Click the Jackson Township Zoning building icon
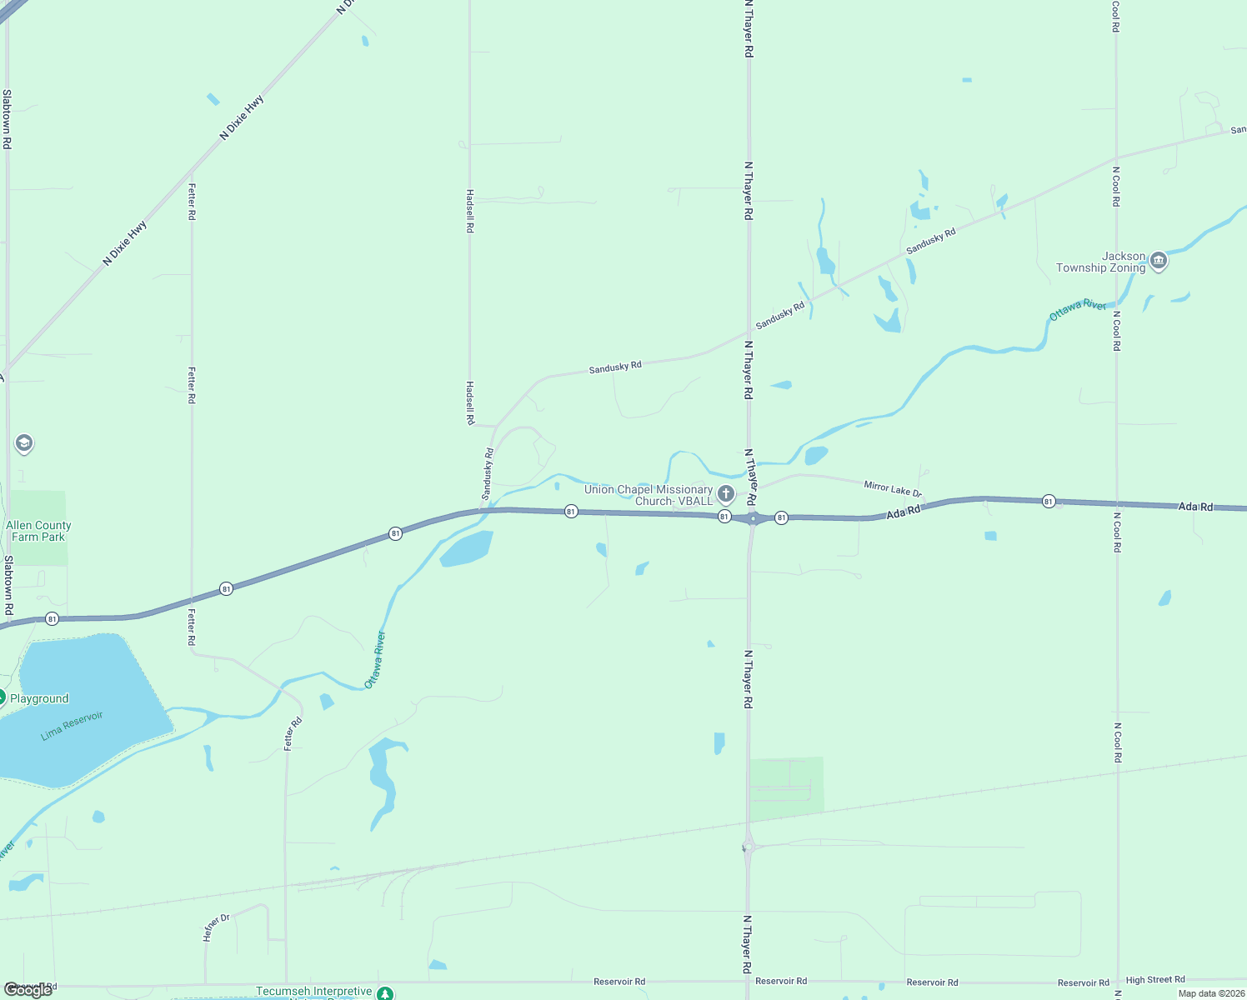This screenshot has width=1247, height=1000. pyautogui.click(x=1158, y=262)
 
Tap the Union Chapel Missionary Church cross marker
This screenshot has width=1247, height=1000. pyautogui.click(x=726, y=494)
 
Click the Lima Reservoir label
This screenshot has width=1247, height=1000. pyautogui.click(x=73, y=725)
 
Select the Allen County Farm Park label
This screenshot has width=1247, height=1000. pyautogui.click(x=38, y=531)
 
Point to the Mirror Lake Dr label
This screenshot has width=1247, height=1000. pyautogui.click(x=893, y=488)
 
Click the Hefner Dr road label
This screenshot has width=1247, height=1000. pyautogui.click(x=216, y=927)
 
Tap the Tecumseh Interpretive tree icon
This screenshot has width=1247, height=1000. pyautogui.click(x=384, y=993)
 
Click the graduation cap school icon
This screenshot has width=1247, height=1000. pyautogui.click(x=24, y=443)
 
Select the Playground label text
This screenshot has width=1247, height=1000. pyautogui.click(x=39, y=698)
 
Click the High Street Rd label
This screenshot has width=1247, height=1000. pyautogui.click(x=1154, y=980)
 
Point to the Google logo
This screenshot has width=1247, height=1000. pyautogui.click(x=28, y=990)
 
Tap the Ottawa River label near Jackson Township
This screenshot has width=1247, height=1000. pyautogui.click(x=1077, y=309)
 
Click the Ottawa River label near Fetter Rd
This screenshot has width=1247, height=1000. pyautogui.click(x=375, y=660)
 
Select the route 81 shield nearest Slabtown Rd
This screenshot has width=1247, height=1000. pyautogui.click(x=52, y=618)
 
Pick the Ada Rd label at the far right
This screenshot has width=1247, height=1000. pyautogui.click(x=1195, y=507)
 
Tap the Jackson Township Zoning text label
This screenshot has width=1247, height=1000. pyautogui.click(x=1100, y=262)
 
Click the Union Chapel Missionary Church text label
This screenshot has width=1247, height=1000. pyautogui.click(x=649, y=495)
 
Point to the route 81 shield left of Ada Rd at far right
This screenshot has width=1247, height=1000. pyautogui.click(x=1049, y=501)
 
